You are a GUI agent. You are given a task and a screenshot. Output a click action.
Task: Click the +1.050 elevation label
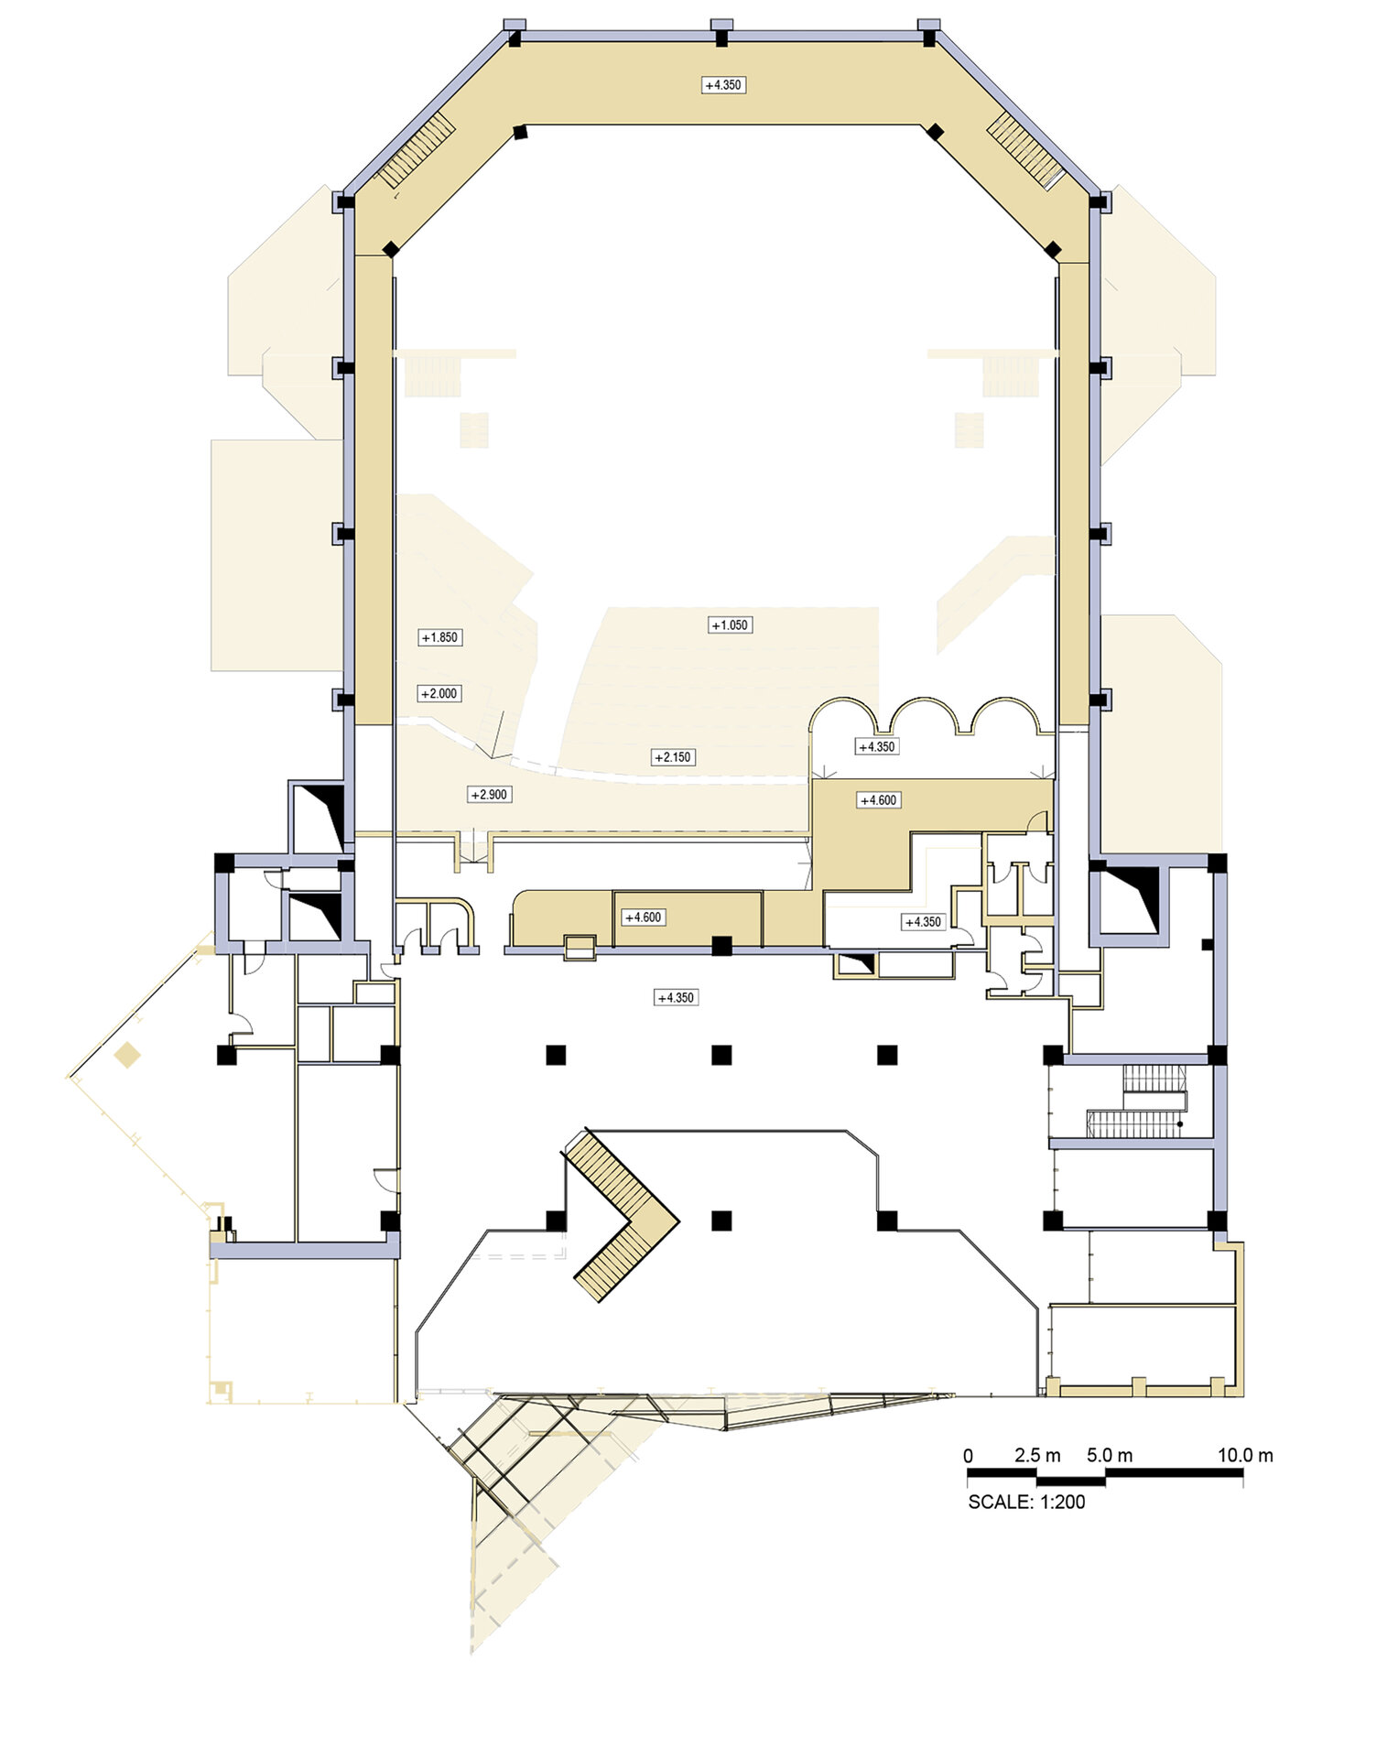pyautogui.click(x=730, y=625)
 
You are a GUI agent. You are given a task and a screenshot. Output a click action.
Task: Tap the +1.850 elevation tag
pyautogui.click(x=440, y=637)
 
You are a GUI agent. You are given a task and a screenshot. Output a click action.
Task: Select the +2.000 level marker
pyautogui.click(x=439, y=694)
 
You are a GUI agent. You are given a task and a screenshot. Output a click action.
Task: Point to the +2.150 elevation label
pyautogui.click(x=674, y=757)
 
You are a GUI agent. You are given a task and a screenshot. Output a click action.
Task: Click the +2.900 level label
pyautogui.click(x=489, y=795)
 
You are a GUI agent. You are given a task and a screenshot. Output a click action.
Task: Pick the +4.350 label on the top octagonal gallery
pyautogui.click(x=723, y=85)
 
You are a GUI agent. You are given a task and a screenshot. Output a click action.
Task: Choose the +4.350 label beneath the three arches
pyautogui.click(x=877, y=747)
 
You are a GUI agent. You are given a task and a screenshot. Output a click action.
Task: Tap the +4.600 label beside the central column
pyautogui.click(x=644, y=917)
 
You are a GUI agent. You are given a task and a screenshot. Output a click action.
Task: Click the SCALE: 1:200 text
pyautogui.click(x=1026, y=1503)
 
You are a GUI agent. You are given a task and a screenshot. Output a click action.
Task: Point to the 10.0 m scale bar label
pyautogui.click(x=1245, y=1456)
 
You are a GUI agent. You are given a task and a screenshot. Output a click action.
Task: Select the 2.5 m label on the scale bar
pyautogui.click(x=1037, y=1456)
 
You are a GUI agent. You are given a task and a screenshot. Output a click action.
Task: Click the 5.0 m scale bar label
pyautogui.click(x=1110, y=1456)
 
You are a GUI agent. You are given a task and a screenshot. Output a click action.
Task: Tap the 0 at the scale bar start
pyautogui.click(x=969, y=1457)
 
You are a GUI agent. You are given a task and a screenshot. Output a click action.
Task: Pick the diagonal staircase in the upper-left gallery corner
pyautogui.click(x=418, y=151)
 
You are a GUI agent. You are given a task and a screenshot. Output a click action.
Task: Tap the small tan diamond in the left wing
pyautogui.click(x=127, y=1055)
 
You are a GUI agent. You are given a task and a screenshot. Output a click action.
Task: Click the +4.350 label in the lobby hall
pyautogui.click(x=677, y=998)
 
